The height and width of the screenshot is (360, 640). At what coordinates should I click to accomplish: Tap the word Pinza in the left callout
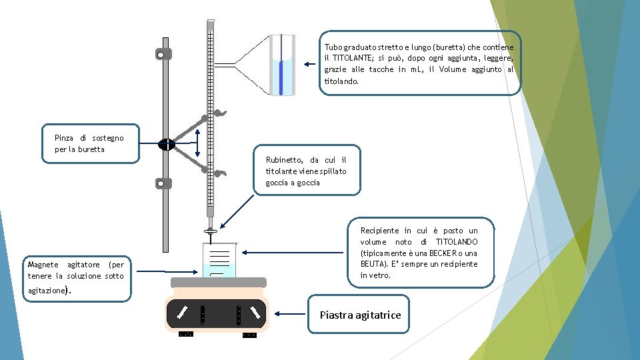point(65,138)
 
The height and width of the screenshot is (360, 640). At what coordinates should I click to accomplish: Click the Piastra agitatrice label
point(360,315)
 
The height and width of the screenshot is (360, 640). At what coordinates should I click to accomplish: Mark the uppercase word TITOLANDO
point(457,242)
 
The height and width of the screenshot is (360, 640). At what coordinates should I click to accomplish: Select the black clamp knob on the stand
point(166,144)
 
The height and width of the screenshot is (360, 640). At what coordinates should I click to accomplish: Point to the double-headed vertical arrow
point(197,145)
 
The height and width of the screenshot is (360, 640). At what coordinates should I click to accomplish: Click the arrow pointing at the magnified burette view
point(309,65)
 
